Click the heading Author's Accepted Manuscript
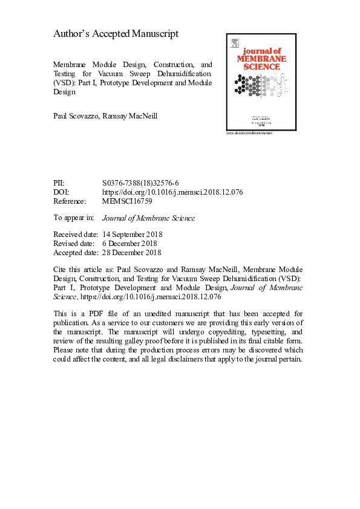click(116, 34)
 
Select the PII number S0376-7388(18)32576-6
click(140, 183)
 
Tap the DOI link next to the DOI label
click(173, 192)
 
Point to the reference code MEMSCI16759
click(128, 201)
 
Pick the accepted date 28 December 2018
click(133, 253)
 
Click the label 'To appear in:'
click(74, 218)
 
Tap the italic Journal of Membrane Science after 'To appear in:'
click(149, 218)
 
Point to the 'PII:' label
click(60, 183)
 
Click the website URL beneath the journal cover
click(249, 132)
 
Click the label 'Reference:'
click(70, 201)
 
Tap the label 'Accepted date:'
click(76, 253)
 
